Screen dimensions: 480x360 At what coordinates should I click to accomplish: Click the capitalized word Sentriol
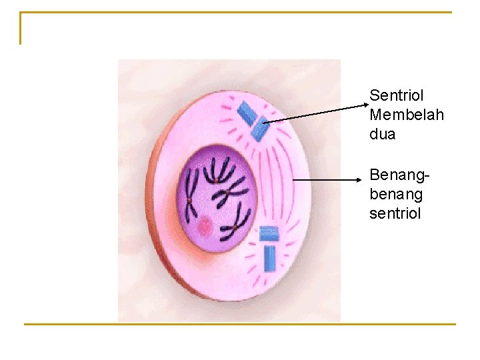pos(396,95)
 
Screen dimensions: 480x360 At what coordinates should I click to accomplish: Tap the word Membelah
pos(406,115)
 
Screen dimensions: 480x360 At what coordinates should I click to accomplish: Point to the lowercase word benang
pos(395,195)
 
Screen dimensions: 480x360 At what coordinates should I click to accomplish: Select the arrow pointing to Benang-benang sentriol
pos(330,180)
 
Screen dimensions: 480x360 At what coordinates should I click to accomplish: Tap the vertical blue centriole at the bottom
pos(270,258)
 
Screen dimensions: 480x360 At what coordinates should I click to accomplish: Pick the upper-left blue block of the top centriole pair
pos(247,113)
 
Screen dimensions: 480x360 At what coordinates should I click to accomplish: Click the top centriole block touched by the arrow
pos(260,129)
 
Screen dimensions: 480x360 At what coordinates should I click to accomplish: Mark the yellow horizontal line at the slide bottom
pos(240,325)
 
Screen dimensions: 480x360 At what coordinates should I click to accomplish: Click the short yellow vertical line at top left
pos(21,28)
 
